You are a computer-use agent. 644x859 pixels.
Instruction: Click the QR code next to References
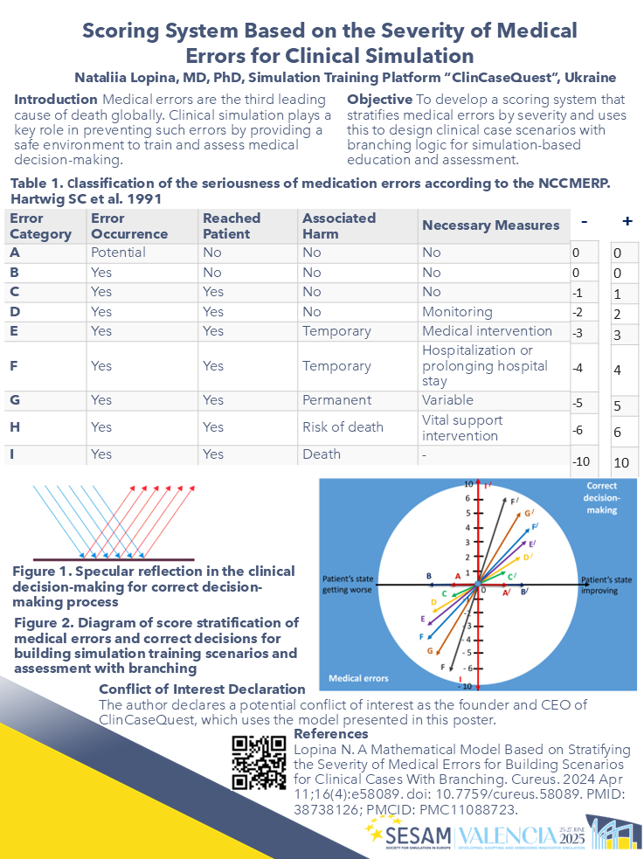(260, 762)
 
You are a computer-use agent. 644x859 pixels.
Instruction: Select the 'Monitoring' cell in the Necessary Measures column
(457, 312)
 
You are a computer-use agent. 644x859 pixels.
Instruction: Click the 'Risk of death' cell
(343, 427)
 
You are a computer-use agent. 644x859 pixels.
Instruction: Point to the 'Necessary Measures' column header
(490, 225)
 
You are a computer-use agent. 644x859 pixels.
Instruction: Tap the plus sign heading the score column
(627, 221)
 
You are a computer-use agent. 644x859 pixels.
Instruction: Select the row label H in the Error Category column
(15, 427)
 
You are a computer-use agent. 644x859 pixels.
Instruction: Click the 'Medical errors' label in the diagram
(358, 678)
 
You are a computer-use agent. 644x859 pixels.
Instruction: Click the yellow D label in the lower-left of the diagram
(433, 603)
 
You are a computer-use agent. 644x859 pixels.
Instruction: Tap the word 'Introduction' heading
(55, 99)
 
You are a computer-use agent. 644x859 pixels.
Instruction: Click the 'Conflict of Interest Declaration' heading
(202, 689)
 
